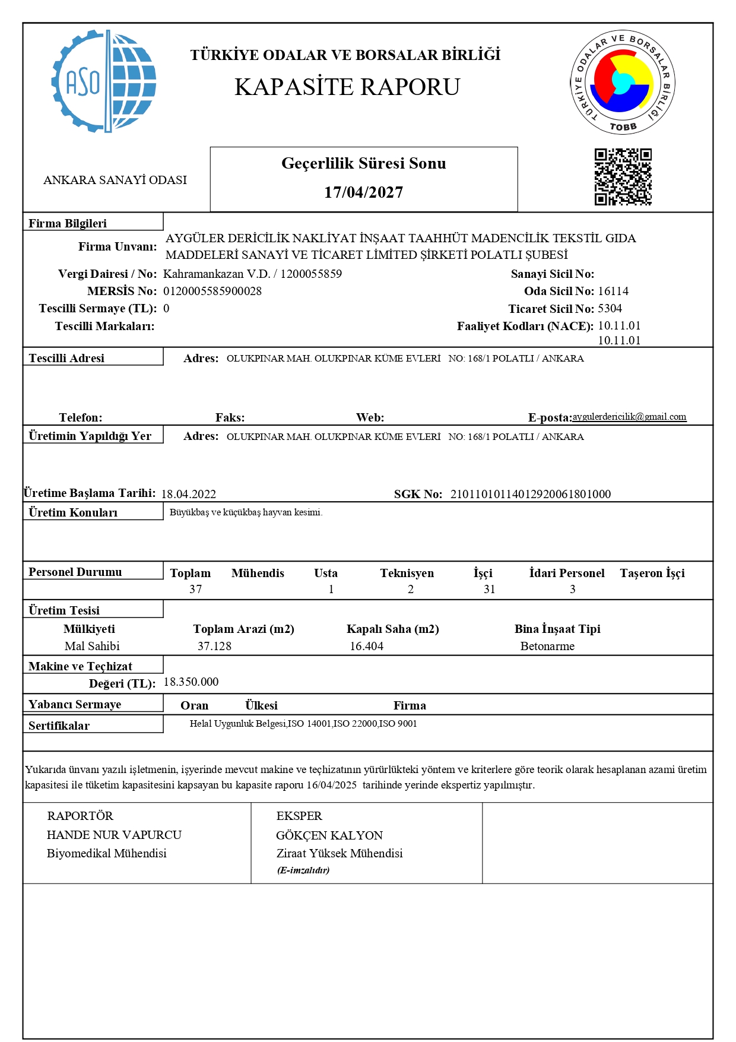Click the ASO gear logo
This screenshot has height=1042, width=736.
(104, 81)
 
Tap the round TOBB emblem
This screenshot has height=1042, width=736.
(623, 83)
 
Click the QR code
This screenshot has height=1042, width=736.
(623, 177)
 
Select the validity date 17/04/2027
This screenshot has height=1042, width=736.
(364, 192)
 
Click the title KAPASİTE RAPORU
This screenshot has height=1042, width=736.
(347, 87)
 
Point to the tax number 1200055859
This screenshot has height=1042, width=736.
(311, 274)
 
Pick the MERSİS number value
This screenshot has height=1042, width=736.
(212, 291)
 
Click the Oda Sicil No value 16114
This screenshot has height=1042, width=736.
(613, 291)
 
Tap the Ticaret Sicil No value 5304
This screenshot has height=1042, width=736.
(610, 308)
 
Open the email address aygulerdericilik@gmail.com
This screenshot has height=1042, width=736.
(629, 417)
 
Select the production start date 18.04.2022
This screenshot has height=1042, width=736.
(189, 494)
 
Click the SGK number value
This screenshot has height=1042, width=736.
(531, 494)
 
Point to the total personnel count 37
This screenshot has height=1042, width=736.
(196, 589)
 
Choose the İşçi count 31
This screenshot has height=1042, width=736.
(489, 589)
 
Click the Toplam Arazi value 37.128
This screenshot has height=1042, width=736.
(214, 646)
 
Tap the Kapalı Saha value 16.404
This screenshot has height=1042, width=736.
(366, 646)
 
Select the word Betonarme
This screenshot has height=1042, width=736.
(547, 646)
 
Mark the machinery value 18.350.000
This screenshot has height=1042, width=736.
(191, 682)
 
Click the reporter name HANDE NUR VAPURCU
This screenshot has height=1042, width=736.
(114, 835)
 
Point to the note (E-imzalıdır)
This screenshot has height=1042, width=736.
(303, 870)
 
